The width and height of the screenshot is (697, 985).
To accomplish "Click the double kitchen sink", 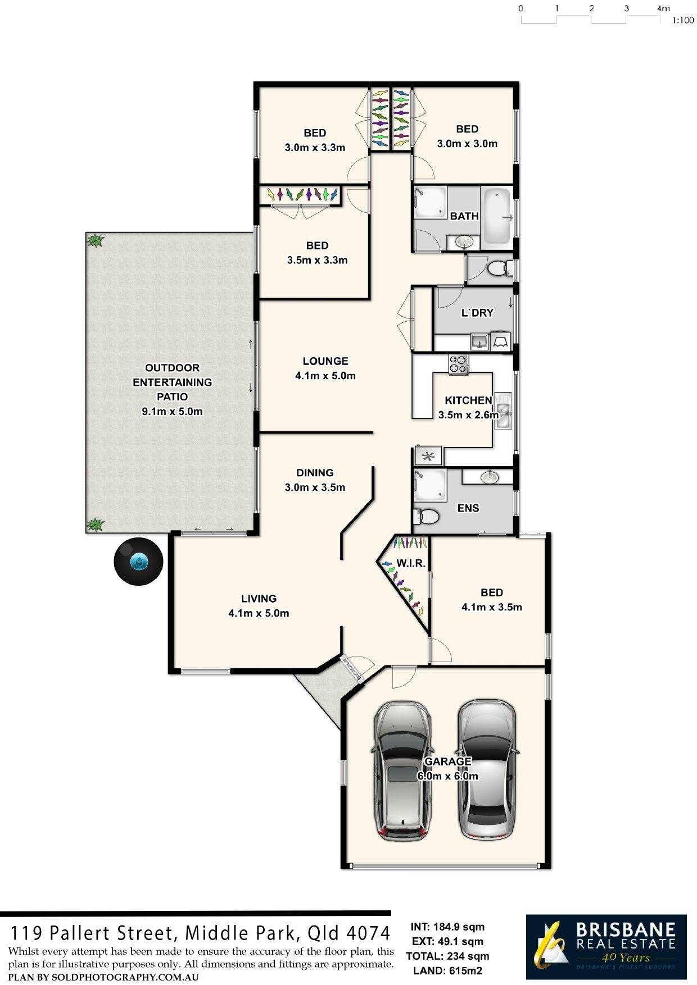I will tap(503, 412).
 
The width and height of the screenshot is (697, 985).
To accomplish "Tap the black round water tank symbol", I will tap(138, 561).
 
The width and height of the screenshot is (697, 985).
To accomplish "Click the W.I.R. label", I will tap(411, 563).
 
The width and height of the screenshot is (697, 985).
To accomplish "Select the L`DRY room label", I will tap(477, 313).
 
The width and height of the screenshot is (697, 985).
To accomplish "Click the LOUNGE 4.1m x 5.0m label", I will tap(325, 368).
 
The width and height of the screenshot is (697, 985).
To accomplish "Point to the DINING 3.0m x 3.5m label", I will tap(315, 480).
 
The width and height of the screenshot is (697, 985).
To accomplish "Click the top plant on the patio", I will tap(95, 241).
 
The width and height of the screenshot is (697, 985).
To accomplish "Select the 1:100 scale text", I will tap(683, 21).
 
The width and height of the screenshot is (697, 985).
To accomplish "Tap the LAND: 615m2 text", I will tap(447, 970).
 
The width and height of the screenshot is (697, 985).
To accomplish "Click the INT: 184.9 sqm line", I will tap(447, 927).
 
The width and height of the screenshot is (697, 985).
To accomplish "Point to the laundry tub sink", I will tap(479, 341).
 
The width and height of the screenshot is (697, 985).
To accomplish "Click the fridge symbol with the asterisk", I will tap(429, 456).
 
